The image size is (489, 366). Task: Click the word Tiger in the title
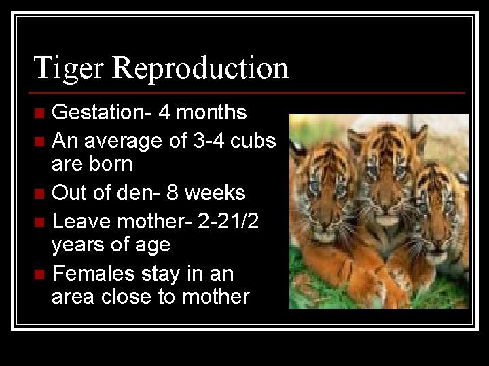tap(69, 68)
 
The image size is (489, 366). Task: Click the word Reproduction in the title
tap(200, 68)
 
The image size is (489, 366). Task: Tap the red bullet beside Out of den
tap(40, 194)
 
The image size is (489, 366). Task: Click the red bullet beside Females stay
tap(40, 274)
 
